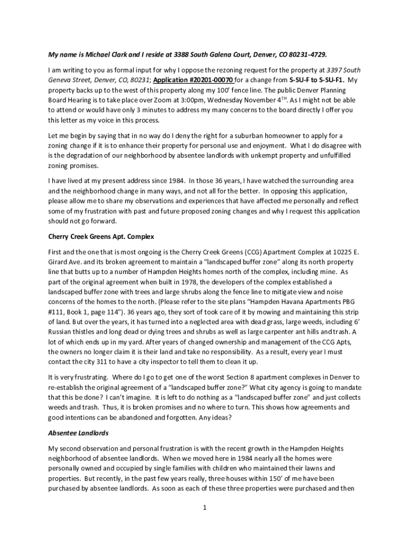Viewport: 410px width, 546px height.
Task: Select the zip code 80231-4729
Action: coord(306,55)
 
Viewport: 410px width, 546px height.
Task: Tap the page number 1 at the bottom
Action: coord(205,507)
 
